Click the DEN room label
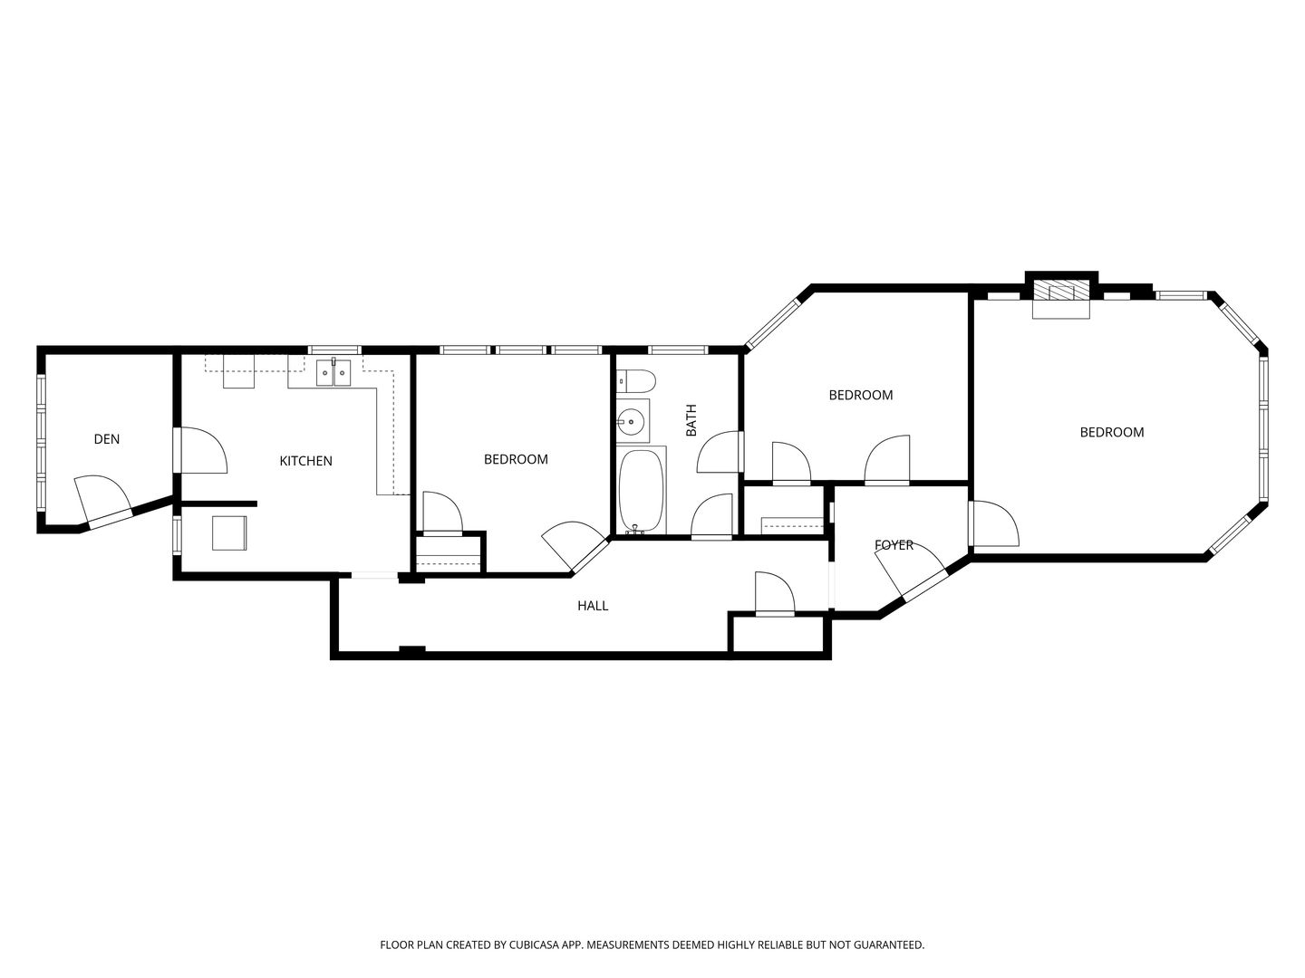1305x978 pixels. point(107,439)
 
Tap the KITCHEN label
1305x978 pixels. point(305,461)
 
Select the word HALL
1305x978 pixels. point(593,606)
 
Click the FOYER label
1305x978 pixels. point(894,545)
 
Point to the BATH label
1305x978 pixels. point(691,420)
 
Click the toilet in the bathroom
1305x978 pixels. point(635,380)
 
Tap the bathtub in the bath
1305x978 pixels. point(641,491)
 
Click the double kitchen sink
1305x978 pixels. point(333,373)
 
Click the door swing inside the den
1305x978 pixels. point(102,500)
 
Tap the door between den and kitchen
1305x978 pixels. point(201,450)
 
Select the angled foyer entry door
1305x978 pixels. point(910,570)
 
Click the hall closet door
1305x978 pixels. point(775,593)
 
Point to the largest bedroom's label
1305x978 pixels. point(1112,432)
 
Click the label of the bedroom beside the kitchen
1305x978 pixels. point(516,459)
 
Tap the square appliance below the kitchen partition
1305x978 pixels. point(229,532)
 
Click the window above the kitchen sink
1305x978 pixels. point(334,350)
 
